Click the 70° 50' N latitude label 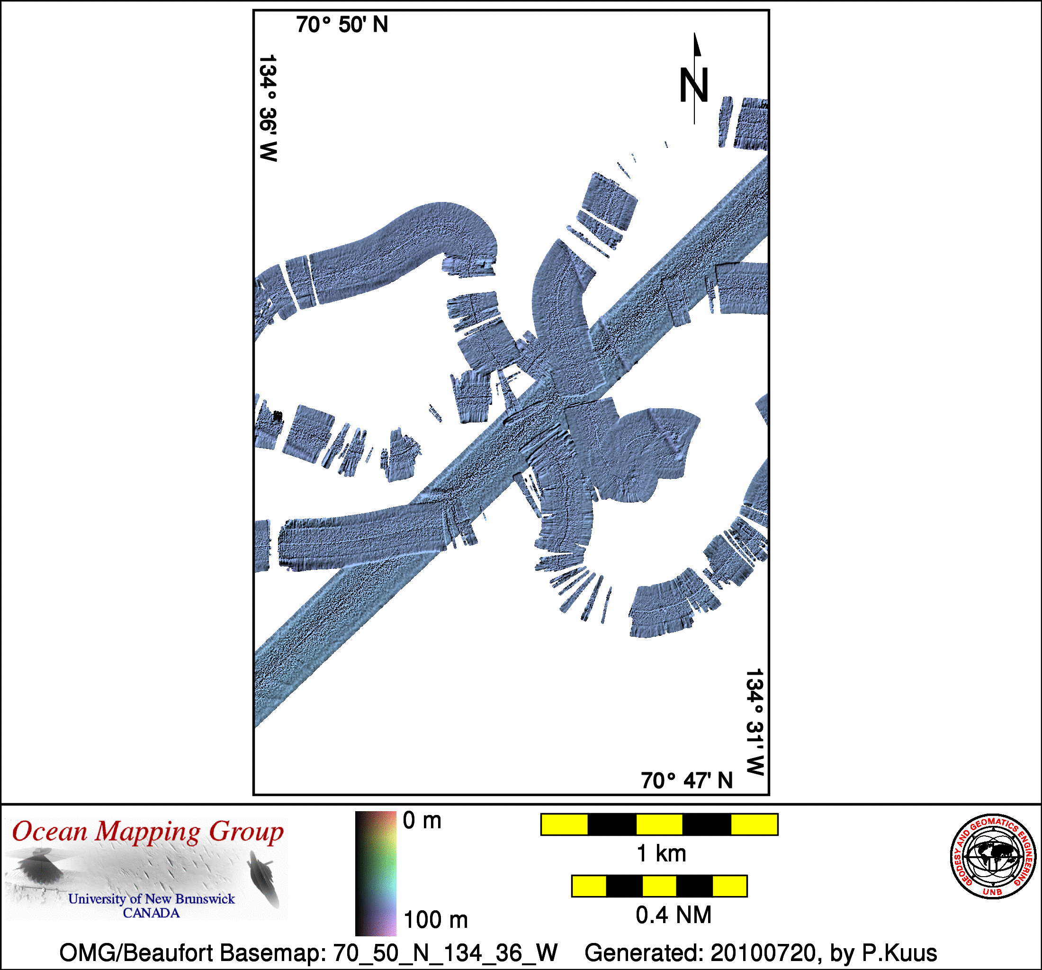[342, 25]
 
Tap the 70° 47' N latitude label [687, 781]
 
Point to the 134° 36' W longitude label [268, 108]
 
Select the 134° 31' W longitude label [755, 722]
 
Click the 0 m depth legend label [422, 821]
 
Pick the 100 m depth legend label [436, 920]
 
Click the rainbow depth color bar [376, 873]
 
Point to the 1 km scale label [662, 853]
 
